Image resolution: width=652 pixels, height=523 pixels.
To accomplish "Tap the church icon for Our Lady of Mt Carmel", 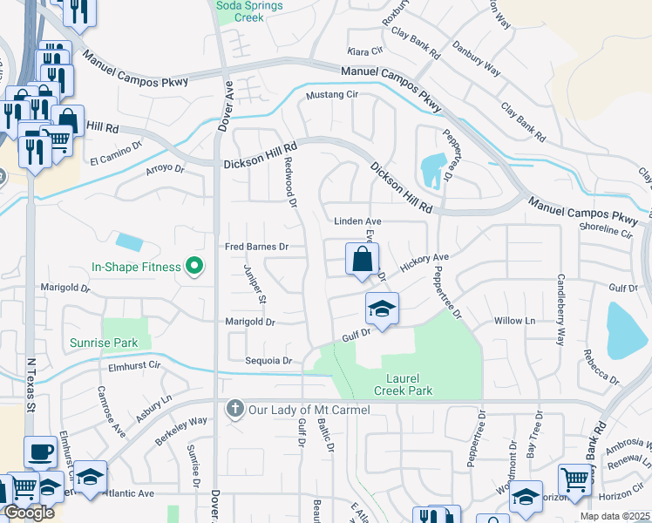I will click(234, 409).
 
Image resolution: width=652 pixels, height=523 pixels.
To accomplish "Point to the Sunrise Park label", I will click(102, 343).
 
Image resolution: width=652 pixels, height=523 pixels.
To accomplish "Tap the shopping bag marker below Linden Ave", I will click(361, 261).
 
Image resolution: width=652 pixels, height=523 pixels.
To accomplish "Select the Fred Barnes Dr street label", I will click(256, 247).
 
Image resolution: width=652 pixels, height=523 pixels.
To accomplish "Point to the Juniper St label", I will click(254, 284).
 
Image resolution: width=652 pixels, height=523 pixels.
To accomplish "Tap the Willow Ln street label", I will click(513, 321).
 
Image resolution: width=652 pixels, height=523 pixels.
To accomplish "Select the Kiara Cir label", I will click(365, 51).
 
